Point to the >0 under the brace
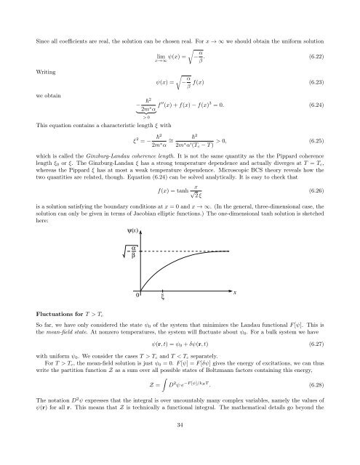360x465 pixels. (148, 116)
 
